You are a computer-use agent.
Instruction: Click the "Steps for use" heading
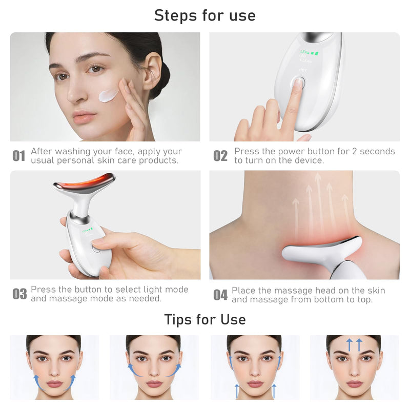tap(204, 15)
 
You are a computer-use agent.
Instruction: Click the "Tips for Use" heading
tap(204, 319)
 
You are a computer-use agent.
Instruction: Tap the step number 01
tap(19, 156)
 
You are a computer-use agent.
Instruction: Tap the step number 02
tap(220, 156)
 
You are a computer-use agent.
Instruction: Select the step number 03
tap(19, 294)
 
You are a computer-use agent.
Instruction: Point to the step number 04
tap(220, 295)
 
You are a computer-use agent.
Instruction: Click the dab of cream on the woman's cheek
tap(109, 95)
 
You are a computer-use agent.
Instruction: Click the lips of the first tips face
tap(54, 383)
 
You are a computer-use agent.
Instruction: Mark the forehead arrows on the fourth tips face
tap(354, 344)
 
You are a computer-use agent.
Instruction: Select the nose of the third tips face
tap(255, 372)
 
